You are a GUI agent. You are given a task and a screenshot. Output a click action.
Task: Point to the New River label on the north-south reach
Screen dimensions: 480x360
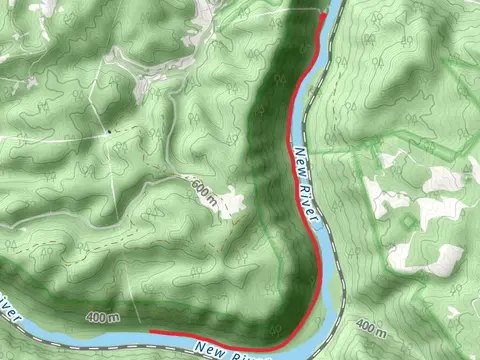[307, 188]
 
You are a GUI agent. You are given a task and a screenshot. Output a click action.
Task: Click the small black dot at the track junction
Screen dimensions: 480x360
[108, 131]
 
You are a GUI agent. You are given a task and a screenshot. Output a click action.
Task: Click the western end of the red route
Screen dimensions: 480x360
[150, 330]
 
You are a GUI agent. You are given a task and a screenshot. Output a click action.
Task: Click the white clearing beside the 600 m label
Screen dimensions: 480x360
[233, 204]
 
